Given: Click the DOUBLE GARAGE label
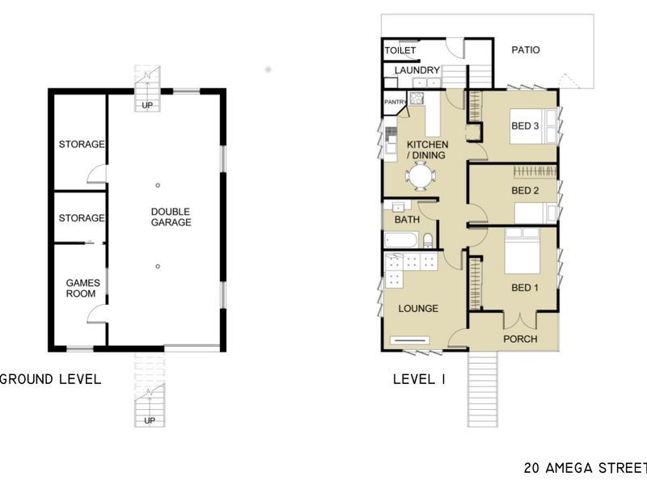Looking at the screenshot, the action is click(x=171, y=217).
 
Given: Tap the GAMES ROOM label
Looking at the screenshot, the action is click(x=82, y=289).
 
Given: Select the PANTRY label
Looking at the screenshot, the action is click(x=395, y=102).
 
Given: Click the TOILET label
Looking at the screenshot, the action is click(x=400, y=50).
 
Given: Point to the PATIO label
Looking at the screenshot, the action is click(x=525, y=50).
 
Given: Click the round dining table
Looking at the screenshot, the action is click(x=420, y=176).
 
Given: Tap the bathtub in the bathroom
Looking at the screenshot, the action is click(x=401, y=240).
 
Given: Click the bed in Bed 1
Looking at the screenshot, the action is click(x=522, y=251).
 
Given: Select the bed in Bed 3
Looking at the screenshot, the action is click(x=533, y=126).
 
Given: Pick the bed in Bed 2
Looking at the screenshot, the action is click(x=535, y=213).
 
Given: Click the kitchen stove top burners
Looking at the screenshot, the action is click(x=416, y=98).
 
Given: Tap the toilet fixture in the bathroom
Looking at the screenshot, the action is click(x=428, y=241).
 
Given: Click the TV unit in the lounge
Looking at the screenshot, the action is click(x=410, y=340).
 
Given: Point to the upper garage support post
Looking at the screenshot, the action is click(x=158, y=185).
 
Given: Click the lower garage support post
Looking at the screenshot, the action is click(x=158, y=267).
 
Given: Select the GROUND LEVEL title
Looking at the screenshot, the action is click(x=50, y=379).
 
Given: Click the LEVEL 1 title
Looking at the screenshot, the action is click(x=419, y=379).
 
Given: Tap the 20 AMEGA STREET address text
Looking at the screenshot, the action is click(x=586, y=468).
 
